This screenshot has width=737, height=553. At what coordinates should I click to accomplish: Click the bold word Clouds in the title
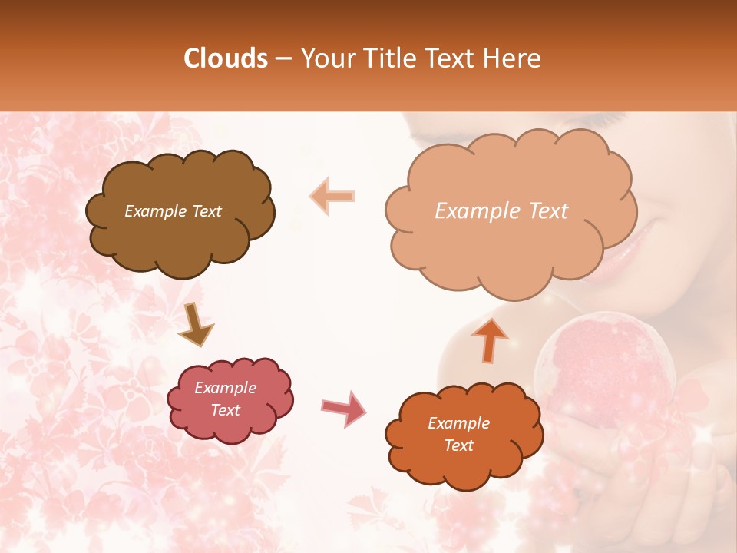(x=226, y=58)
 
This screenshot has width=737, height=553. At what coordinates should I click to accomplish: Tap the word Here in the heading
(x=515, y=58)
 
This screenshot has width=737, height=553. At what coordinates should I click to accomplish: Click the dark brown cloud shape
(x=180, y=212)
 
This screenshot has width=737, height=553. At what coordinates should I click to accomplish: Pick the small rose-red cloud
(x=230, y=399)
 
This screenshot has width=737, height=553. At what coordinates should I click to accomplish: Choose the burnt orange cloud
(x=464, y=434)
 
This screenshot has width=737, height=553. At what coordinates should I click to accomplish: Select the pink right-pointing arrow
(x=344, y=408)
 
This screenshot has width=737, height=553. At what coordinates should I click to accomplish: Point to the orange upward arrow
(x=490, y=339)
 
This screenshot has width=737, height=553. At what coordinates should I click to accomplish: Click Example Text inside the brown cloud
(x=173, y=211)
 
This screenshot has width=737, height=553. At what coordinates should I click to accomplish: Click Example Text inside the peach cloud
(x=501, y=211)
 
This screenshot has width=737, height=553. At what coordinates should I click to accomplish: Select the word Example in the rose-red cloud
(x=225, y=388)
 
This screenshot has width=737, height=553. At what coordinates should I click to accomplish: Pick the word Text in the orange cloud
(x=458, y=445)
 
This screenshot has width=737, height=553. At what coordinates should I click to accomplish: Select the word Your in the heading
(x=323, y=58)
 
